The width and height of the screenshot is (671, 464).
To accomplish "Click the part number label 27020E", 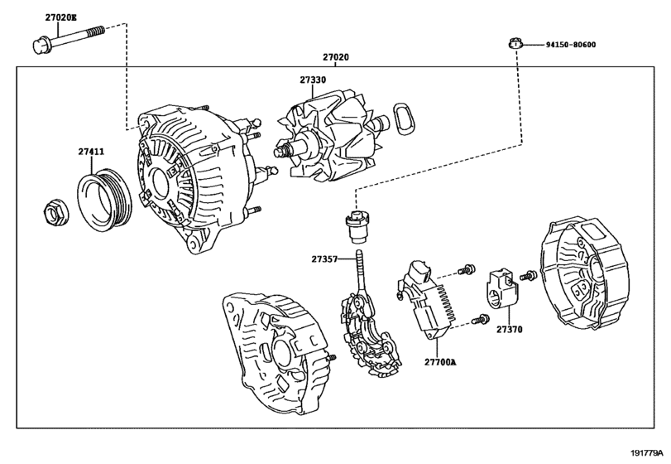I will (49, 17).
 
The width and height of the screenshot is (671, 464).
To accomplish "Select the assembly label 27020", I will (335, 57).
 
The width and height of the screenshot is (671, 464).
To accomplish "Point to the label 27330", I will (312, 81).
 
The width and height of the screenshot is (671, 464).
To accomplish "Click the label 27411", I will (91, 152).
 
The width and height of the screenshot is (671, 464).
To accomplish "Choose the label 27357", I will (324, 259).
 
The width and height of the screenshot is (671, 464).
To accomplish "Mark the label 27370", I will (509, 329).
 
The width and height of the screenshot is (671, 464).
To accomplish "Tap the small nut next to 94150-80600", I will (515, 43).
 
